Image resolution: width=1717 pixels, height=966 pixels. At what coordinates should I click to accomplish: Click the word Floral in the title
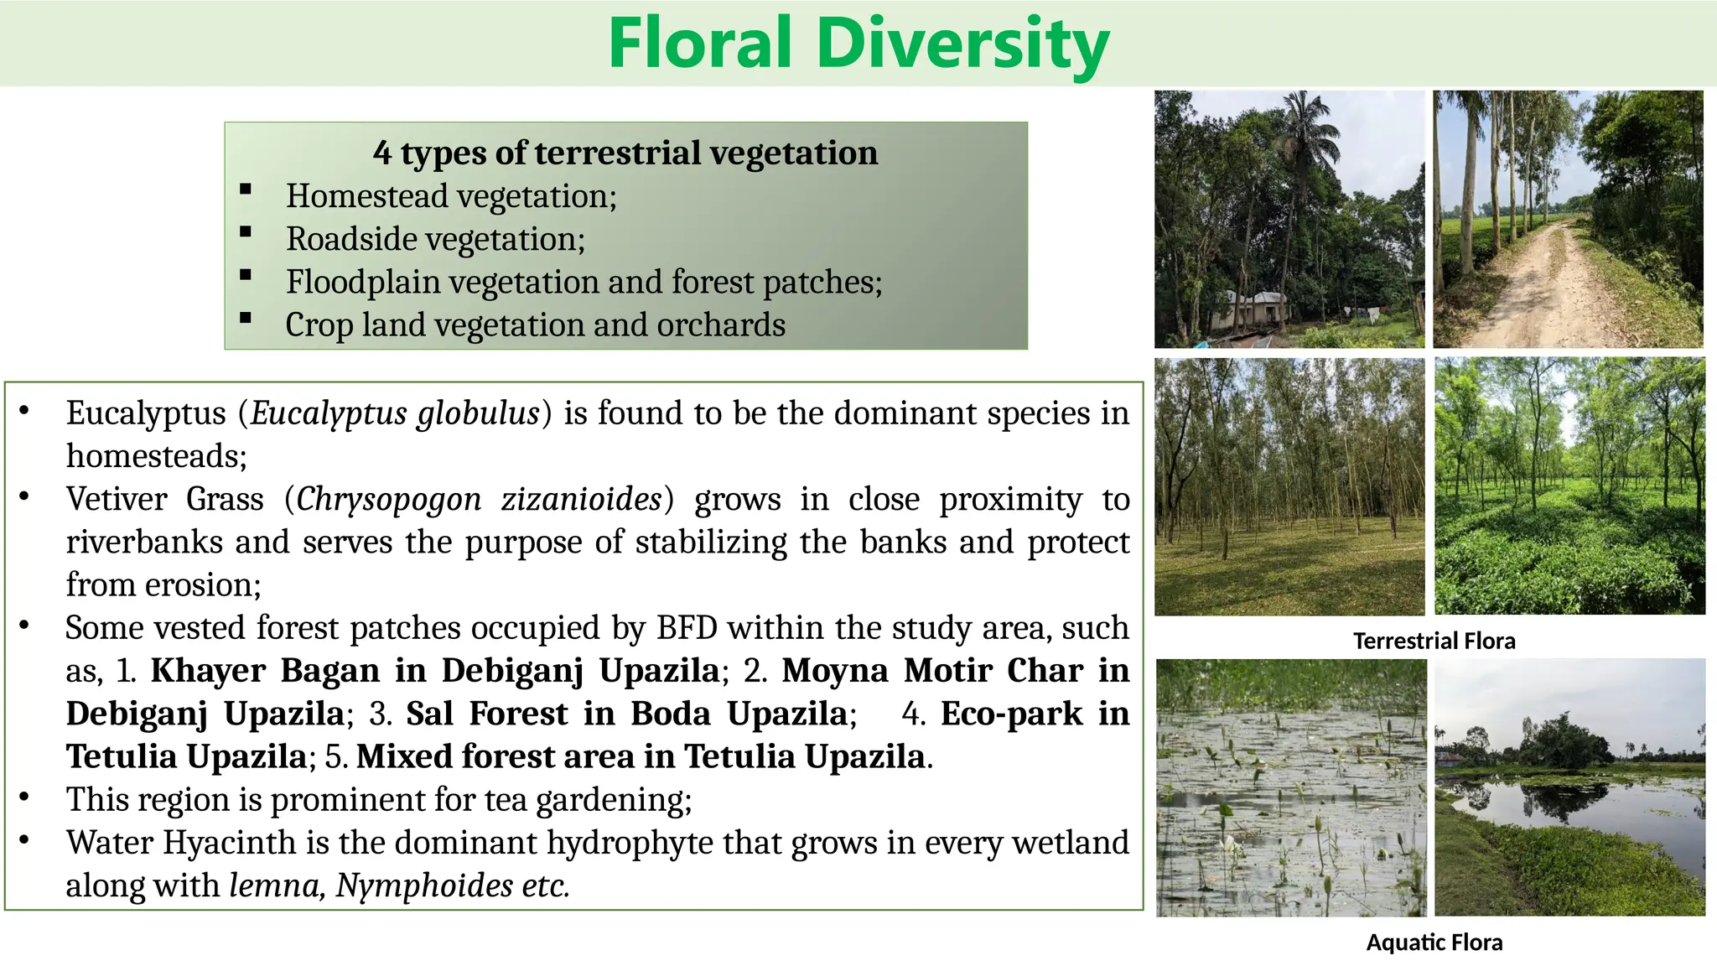pyautogui.click(x=699, y=44)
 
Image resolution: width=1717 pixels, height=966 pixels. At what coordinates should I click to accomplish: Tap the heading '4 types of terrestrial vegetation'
pyautogui.click(x=625, y=153)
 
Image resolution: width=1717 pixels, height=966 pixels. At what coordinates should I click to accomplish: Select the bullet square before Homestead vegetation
pyautogui.click(x=246, y=190)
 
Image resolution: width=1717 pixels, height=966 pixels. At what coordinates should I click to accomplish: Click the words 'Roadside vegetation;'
pyautogui.click(x=435, y=239)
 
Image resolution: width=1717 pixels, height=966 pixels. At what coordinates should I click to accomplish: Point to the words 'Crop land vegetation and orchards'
pyautogui.click(x=535, y=325)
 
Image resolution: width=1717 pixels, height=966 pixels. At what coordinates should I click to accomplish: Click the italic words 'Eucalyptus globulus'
pyautogui.click(x=395, y=413)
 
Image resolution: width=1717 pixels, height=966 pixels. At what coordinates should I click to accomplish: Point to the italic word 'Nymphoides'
pyautogui.click(x=424, y=885)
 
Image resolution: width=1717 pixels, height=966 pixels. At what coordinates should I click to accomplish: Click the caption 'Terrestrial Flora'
pyautogui.click(x=1434, y=641)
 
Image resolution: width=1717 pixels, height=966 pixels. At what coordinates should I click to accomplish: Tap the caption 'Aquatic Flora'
pyautogui.click(x=1434, y=943)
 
